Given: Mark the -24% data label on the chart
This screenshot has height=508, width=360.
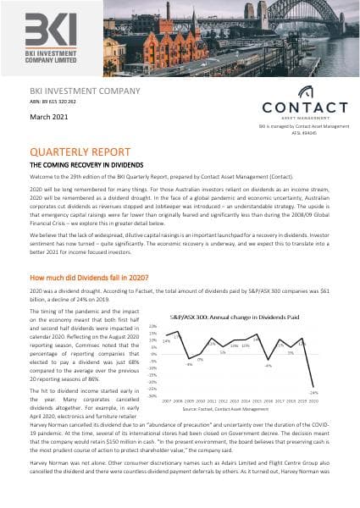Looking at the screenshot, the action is coord(313,392).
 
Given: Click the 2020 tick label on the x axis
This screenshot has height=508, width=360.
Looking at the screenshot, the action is coord(313,400).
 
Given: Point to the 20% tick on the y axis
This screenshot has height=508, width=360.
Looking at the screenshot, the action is coord(153,326).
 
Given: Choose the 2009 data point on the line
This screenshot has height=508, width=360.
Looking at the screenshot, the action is coord(189,359).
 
